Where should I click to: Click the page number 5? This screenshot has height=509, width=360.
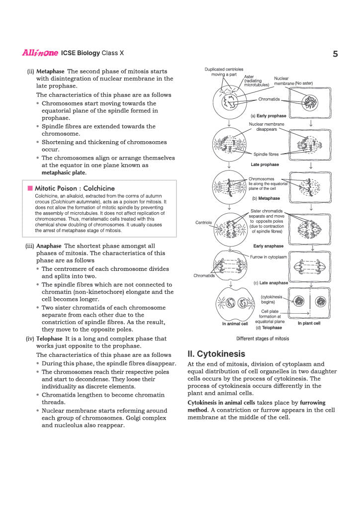point(335,54)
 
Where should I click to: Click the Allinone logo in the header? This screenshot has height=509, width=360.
point(40,53)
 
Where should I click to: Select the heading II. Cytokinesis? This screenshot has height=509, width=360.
point(216,354)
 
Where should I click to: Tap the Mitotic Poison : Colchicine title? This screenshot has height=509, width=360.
point(75,188)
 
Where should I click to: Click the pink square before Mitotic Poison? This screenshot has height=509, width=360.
point(30,188)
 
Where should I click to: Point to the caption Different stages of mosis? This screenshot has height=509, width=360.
point(263,339)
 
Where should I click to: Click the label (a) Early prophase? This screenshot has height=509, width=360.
point(268,116)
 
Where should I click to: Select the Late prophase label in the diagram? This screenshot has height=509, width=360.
point(265,165)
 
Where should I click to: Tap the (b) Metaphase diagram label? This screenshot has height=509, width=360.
point(266,198)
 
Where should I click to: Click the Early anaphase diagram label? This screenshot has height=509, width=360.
point(268,246)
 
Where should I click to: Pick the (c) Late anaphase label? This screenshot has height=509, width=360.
point(270,283)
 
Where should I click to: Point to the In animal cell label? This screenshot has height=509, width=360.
point(235,324)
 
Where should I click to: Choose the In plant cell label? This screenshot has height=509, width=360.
point(309,324)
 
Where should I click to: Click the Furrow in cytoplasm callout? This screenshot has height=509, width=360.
point(268,256)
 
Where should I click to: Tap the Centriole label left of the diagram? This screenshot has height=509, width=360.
point(204,222)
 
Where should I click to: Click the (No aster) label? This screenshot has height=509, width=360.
point(304,83)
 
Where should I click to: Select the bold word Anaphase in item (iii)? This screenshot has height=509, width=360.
point(49,246)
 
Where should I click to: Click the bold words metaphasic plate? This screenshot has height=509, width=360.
point(64,172)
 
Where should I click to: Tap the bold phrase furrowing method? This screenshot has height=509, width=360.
point(312,402)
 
